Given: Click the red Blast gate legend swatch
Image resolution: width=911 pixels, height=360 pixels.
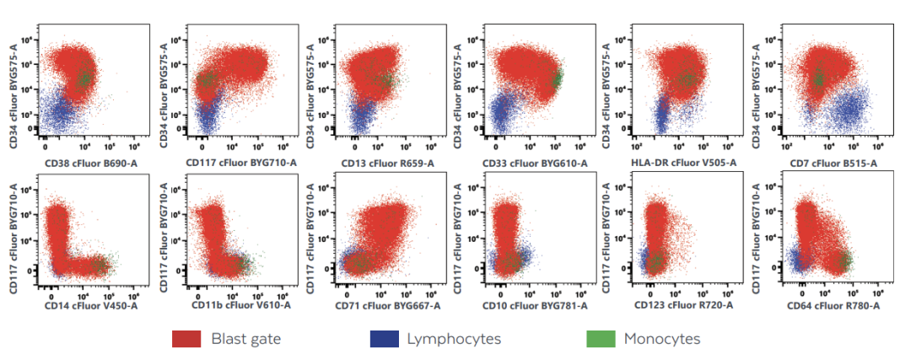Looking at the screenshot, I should pyautogui.click(x=186, y=339).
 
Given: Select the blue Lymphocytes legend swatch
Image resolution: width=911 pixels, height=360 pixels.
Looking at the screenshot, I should pyautogui.click(x=384, y=339).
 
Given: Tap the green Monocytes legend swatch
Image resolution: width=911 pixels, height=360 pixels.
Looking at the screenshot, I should pyautogui.click(x=601, y=339).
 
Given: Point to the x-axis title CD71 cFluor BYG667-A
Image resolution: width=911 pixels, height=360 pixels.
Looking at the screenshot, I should pyautogui.click(x=385, y=305).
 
